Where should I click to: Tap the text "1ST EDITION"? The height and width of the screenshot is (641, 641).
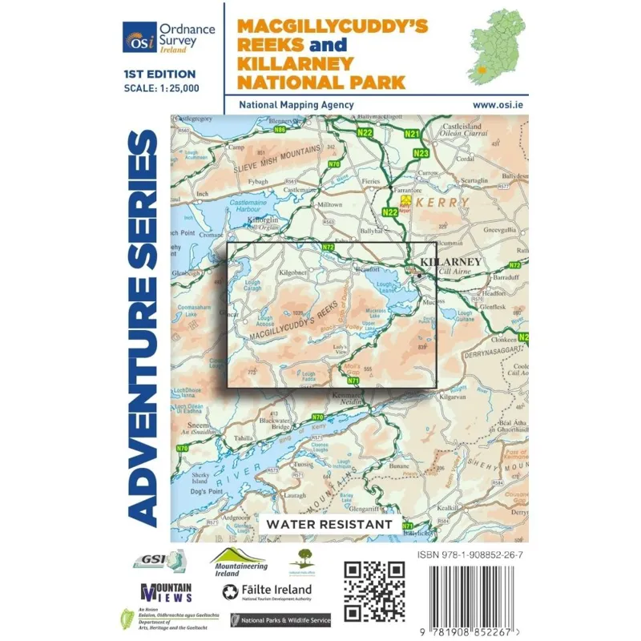158,75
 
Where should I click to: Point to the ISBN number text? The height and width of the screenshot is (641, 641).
472,554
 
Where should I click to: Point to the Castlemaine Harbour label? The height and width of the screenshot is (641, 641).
215,208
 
